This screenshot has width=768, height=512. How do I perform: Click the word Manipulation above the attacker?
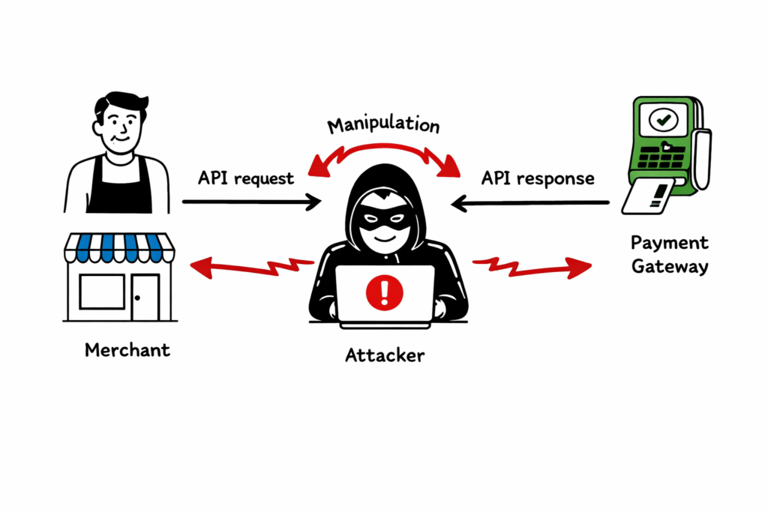(384, 125)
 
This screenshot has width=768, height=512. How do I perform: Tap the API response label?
(538, 178)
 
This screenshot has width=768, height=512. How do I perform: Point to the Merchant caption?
(127, 350)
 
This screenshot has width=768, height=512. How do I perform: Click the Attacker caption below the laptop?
(384, 355)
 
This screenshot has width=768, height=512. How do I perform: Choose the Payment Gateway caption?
(669, 255)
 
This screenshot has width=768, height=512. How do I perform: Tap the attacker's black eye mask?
(385, 223)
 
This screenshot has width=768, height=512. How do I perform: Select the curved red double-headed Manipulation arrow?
(384, 152)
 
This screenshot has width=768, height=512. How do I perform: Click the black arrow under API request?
(251, 201)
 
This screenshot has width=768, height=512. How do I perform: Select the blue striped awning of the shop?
(120, 248)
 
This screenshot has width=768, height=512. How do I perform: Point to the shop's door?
(145, 297)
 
